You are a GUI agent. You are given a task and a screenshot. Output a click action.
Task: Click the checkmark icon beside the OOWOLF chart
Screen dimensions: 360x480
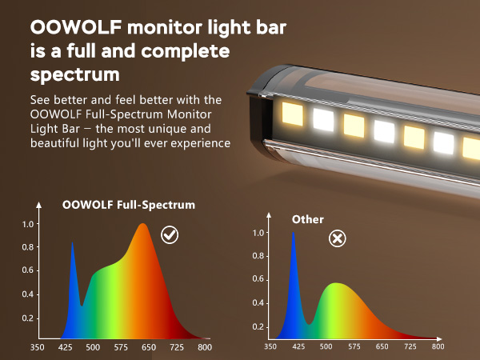pos(170,234)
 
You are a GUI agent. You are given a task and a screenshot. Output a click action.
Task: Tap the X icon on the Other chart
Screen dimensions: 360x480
pos(338,238)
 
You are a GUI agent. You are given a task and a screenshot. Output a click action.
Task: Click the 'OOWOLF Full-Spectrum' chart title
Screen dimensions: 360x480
pos(129,205)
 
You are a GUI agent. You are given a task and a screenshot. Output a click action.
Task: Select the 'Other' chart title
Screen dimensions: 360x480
pos(308,219)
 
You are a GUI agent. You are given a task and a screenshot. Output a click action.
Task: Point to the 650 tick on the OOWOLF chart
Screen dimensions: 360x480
pos(148,347)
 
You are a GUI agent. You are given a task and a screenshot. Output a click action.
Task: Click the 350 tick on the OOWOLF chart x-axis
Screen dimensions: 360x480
pos(37,347)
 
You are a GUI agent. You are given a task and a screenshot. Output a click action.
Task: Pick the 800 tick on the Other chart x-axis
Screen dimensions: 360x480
pos(438,346)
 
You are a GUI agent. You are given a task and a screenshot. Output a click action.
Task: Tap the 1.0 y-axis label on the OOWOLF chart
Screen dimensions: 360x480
pos(28,225)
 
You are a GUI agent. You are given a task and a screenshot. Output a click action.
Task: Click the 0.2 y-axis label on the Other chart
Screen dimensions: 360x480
pos(258,326)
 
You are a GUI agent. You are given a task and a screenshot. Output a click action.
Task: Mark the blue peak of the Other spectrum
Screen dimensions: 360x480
pos(294,233)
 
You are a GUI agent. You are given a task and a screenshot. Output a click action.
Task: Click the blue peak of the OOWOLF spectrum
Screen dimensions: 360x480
pos(72,243)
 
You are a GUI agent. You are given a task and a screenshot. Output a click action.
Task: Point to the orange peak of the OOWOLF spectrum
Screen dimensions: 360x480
pos(143,225)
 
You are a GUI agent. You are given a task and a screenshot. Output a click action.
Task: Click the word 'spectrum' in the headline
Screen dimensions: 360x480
pos(75,76)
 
